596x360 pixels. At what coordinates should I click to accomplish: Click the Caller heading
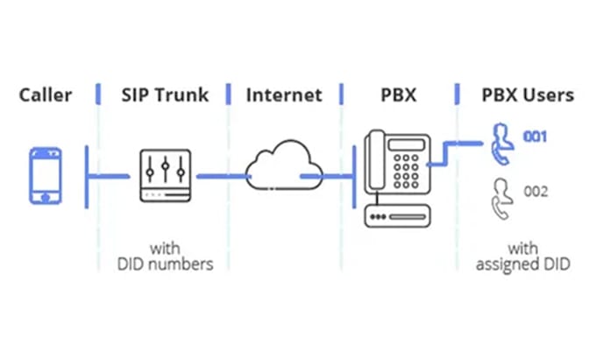coord(45,94)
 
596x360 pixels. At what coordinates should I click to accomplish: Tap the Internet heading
coord(284,94)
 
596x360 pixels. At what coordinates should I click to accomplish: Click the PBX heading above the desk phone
coord(399,94)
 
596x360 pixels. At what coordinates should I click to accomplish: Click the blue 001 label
coord(536,137)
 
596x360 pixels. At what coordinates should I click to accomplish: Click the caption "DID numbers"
coord(164,264)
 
